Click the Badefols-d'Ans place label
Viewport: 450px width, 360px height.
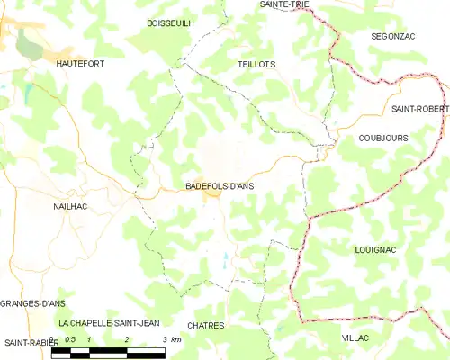[x=220, y=185]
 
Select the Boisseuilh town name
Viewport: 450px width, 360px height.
[x=170, y=23]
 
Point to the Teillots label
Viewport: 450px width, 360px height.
[x=256, y=65]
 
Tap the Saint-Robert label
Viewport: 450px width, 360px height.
[x=420, y=109]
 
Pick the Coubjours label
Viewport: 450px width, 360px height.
[x=382, y=138]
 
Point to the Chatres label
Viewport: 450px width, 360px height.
[x=206, y=325]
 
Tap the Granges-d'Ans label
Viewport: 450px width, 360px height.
[x=28, y=303]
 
